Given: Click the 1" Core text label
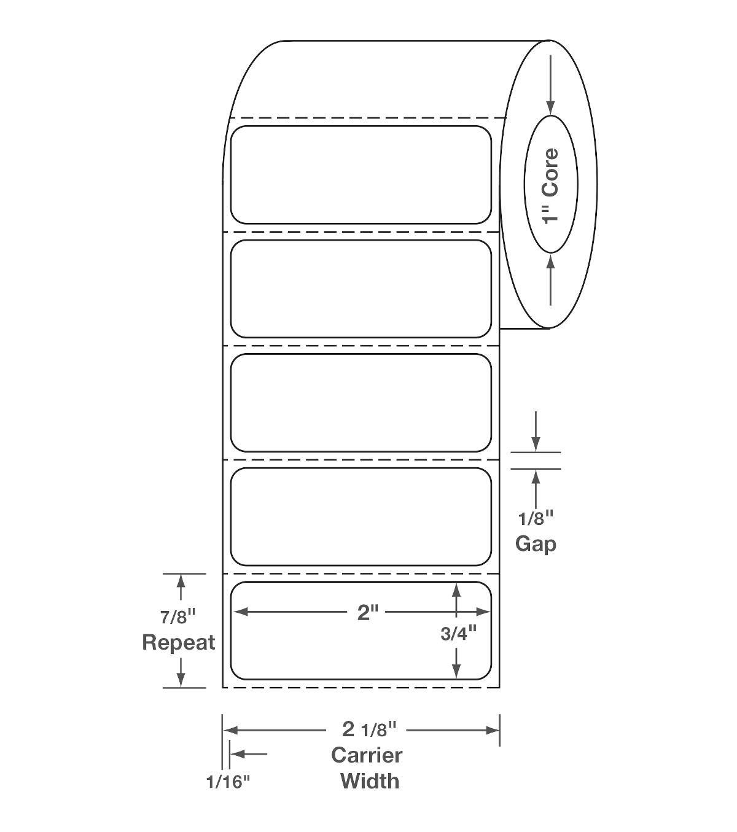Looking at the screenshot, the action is [x=550, y=186].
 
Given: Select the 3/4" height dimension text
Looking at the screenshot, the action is [x=458, y=634].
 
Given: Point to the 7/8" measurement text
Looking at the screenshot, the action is [x=178, y=616].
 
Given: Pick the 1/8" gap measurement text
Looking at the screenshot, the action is [x=536, y=519].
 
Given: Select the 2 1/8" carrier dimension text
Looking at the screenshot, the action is [x=369, y=729].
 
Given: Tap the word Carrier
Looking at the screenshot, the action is [x=367, y=755].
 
